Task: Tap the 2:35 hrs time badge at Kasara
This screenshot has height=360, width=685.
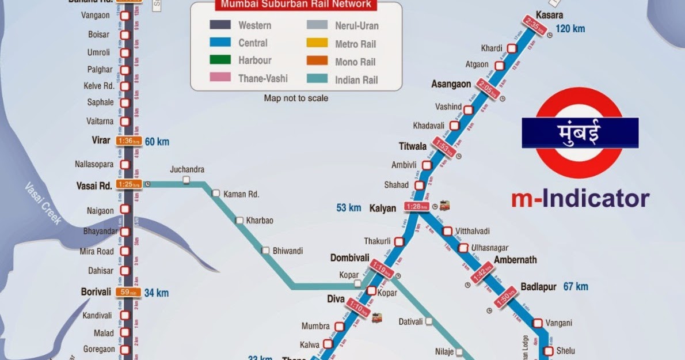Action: coord(532,26)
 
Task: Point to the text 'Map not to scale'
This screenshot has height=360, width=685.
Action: coord(296,98)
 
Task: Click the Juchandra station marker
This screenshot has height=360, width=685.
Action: coord(187,180)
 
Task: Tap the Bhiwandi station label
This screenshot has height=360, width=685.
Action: coord(288,251)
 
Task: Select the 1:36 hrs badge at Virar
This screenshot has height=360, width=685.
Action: coord(128,141)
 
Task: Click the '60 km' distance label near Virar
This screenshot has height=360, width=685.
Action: coord(157,141)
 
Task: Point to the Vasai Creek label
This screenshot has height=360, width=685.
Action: coord(43,203)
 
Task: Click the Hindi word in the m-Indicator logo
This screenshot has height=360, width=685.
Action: coord(580,132)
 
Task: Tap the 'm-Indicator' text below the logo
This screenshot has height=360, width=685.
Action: coord(580,198)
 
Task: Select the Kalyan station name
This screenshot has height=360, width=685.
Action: coord(383,208)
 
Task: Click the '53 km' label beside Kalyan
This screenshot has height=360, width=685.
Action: coord(349,207)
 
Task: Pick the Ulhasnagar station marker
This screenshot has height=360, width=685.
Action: coord(463,248)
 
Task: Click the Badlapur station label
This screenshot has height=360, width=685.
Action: coord(539,286)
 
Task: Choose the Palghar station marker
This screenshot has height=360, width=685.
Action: coord(124,70)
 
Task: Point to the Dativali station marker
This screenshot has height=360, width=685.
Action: coord(429,321)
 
